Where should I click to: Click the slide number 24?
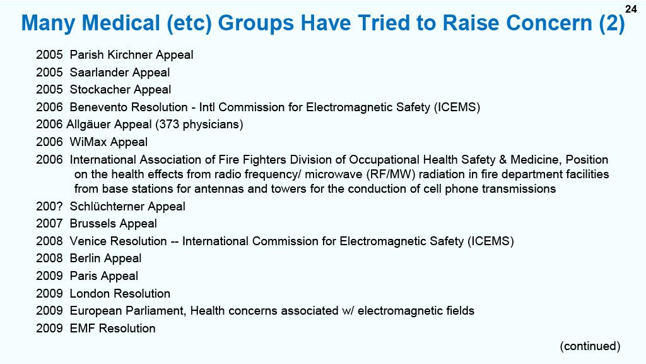click(631, 9)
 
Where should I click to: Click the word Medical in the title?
click(120, 23)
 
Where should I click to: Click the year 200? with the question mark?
click(49, 207)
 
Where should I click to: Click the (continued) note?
click(590, 346)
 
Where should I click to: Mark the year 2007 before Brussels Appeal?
click(49, 224)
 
